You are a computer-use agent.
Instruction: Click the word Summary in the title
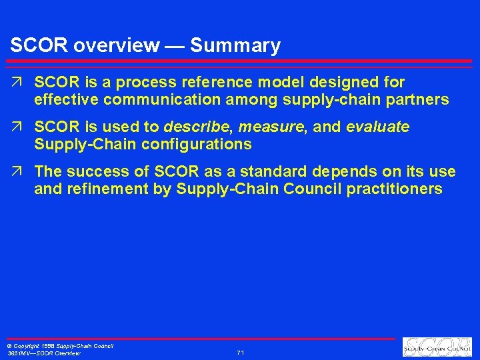click(x=235, y=46)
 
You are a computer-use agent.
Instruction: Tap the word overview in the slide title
click(x=117, y=46)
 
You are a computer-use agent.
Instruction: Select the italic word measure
click(x=273, y=127)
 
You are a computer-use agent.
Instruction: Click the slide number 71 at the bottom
click(x=241, y=352)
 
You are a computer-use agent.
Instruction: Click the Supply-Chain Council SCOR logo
click(x=437, y=347)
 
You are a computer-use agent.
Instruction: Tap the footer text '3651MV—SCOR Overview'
click(x=44, y=353)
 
